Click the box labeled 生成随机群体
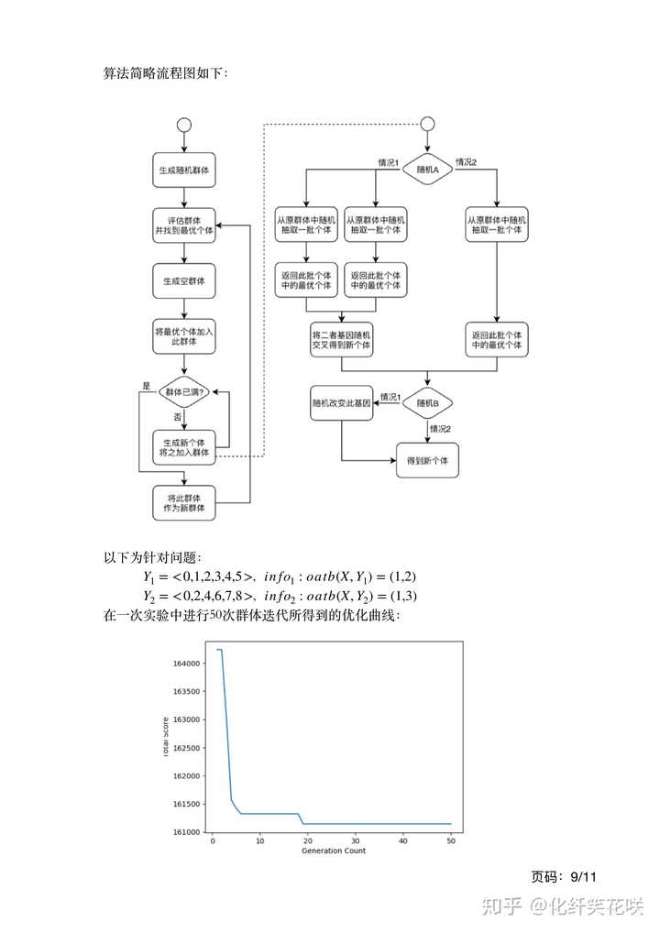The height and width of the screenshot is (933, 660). point(184,170)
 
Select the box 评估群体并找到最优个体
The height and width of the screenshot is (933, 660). point(184,225)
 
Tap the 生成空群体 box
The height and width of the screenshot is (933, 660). point(184,280)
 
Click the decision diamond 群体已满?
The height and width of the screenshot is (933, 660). point(184,392)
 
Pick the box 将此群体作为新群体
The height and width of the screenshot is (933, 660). point(184,502)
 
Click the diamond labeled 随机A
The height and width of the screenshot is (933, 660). point(427,170)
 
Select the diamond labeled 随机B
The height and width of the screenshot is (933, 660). point(427,403)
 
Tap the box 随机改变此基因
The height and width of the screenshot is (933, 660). point(342,403)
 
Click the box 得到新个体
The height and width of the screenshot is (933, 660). point(427,460)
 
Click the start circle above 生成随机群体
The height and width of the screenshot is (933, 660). point(184,125)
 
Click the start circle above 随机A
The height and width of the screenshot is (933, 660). point(427,124)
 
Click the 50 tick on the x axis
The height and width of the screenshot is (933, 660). point(451,841)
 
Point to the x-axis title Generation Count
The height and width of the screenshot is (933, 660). point(334,851)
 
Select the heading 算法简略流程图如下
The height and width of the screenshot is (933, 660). point(164,72)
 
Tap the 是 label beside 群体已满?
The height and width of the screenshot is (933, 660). point(147,386)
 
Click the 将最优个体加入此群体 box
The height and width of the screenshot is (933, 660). point(184,336)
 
